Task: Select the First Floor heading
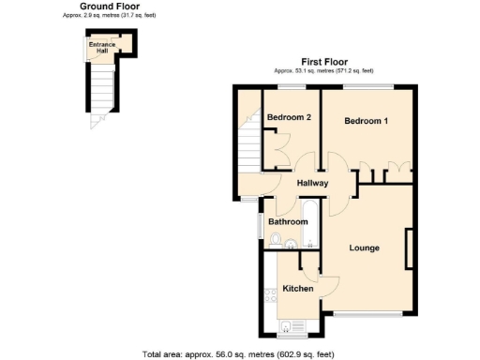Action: coord(323,61)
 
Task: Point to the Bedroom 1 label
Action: coord(366,121)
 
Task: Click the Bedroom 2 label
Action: coord(289,117)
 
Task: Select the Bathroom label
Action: coord(287,221)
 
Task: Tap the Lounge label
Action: coord(364,247)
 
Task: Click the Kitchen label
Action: coord(297,289)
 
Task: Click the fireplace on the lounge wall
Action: coord(408,249)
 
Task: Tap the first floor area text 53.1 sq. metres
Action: coord(323,70)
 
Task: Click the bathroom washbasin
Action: coord(291,246)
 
